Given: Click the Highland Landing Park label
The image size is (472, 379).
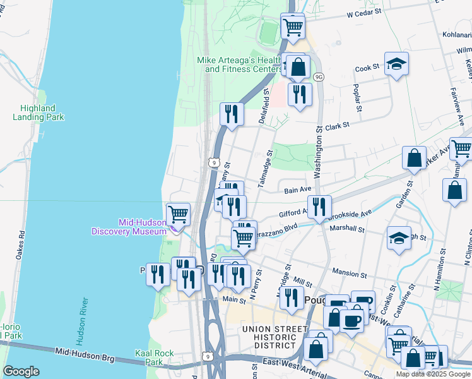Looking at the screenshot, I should [x=38, y=112].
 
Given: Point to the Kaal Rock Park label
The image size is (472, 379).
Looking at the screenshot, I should [x=150, y=358].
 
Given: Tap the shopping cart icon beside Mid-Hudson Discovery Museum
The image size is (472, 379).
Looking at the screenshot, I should [x=179, y=214].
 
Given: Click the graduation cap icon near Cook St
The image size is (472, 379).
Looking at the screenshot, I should [x=396, y=64].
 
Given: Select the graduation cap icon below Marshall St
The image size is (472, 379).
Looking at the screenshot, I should [x=399, y=238].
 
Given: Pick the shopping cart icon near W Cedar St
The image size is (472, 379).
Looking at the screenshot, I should [x=293, y=27].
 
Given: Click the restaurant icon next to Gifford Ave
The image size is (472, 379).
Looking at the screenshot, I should [x=320, y=206].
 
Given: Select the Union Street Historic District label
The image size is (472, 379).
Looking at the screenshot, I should [x=269, y=337].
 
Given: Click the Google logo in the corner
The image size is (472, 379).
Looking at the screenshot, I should [x=21, y=371].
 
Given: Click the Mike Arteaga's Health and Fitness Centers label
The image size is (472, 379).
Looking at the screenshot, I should [x=240, y=64].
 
